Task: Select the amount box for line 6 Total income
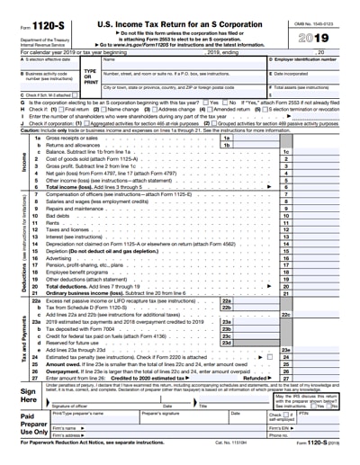[x=319, y=186]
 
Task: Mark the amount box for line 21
[x=319, y=294]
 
